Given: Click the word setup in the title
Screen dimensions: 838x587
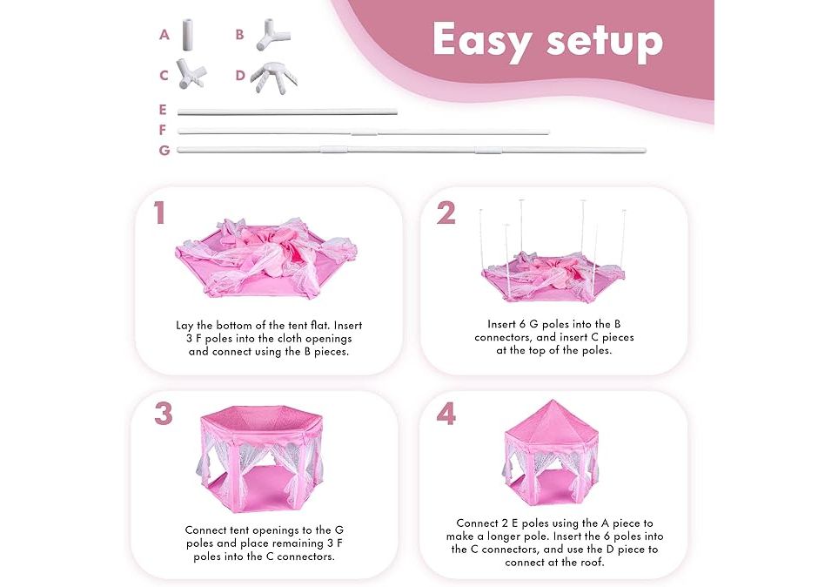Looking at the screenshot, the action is coord(605,41).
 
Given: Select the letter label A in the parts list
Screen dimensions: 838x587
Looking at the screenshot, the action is coord(164,35).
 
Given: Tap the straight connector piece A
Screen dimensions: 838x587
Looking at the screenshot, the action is coord(188,36).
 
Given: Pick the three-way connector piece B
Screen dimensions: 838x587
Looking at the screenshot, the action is coord(272,36).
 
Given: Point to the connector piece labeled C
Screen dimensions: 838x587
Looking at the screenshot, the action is coord(191,75).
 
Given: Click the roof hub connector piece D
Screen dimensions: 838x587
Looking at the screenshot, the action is coord(273,77).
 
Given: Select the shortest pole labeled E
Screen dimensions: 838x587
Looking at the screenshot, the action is coord(287,111).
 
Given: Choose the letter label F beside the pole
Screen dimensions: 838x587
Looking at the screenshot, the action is coord(163,130).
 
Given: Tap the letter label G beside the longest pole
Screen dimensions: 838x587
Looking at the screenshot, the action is coord(164,151).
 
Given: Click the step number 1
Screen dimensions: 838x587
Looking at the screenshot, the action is coord(159,213).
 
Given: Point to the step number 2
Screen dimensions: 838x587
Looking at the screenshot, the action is coord(446,213).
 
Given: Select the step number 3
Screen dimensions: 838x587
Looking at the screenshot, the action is coord(164,414).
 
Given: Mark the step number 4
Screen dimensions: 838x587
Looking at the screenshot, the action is coord(446,414).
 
